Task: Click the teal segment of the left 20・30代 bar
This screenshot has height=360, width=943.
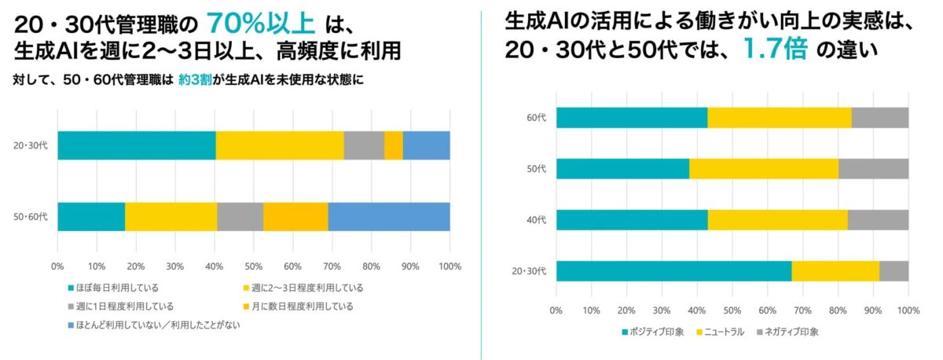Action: coord(136,145)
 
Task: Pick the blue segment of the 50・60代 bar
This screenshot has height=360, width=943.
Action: coord(388,216)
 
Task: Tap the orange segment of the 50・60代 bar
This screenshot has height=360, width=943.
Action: coord(295,216)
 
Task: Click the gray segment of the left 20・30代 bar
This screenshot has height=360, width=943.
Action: coord(364,145)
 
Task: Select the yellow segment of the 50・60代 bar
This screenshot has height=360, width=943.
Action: coord(171,216)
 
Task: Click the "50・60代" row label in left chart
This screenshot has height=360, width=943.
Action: coord(31,216)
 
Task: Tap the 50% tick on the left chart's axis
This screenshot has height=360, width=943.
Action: coord(253,266)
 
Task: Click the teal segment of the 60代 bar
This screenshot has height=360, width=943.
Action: coord(632,118)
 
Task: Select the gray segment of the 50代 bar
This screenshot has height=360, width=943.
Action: coord(873,169)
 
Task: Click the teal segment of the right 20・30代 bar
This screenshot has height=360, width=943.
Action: coord(673,271)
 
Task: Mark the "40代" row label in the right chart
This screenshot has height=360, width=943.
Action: coord(537,220)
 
